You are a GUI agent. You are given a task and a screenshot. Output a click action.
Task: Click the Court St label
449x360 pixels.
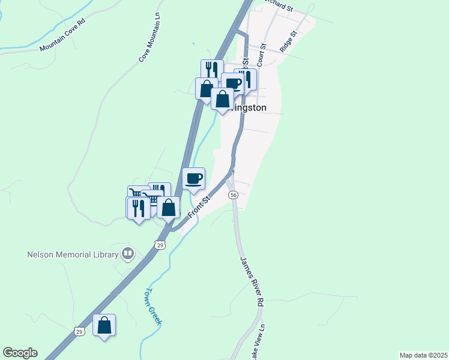[x=261, y=58]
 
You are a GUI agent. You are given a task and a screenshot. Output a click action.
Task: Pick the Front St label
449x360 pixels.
[x=198, y=208]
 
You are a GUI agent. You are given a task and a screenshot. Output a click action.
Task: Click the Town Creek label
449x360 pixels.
[x=152, y=306]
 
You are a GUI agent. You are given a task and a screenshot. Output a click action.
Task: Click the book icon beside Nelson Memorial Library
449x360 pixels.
[x=127, y=254]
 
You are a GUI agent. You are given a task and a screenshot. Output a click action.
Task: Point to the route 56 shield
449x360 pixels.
[x=234, y=196]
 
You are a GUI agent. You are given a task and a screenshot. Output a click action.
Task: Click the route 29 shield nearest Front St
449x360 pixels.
[x=159, y=245]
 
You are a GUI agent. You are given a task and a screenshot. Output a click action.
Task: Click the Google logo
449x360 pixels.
[x=20, y=353]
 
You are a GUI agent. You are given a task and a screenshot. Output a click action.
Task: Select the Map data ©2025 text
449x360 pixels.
[x=423, y=355]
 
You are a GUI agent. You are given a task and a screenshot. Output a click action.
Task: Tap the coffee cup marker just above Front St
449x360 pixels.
[x=193, y=179]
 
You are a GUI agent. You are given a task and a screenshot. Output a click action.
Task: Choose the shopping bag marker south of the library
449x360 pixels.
[x=104, y=325]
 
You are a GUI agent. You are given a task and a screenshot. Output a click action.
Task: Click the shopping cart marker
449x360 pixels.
[x=137, y=195]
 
